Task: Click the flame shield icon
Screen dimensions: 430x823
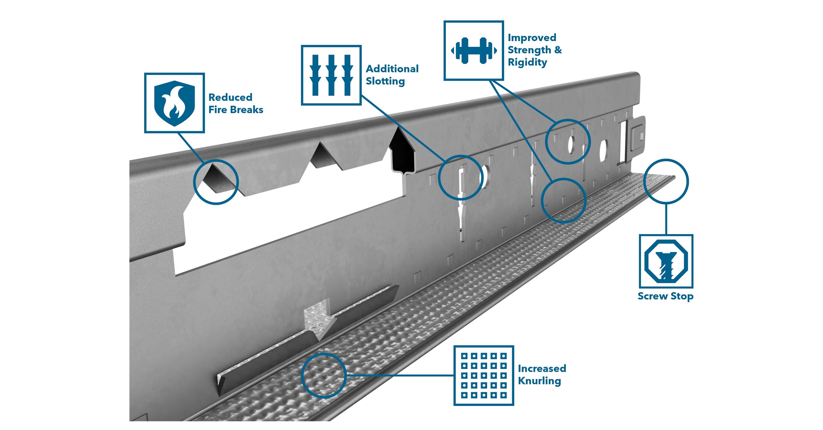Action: tap(174, 103)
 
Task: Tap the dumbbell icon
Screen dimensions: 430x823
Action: tap(473, 51)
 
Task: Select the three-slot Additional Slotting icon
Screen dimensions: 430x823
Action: tap(331, 75)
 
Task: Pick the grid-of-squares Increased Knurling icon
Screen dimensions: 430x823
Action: tap(484, 375)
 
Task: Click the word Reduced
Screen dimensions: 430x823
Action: tap(230, 97)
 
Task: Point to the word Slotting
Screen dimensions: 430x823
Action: tap(385, 81)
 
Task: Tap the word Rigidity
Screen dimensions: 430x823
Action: tap(527, 62)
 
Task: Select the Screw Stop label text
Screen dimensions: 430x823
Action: tap(665, 296)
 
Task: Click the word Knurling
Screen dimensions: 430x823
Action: tap(539, 381)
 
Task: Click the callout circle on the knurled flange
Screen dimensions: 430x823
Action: tap(323, 375)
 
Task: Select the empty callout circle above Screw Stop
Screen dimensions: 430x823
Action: tap(666, 181)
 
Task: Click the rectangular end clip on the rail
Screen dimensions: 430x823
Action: tap(638, 135)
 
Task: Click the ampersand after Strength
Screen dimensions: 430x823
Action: tap(558, 50)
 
